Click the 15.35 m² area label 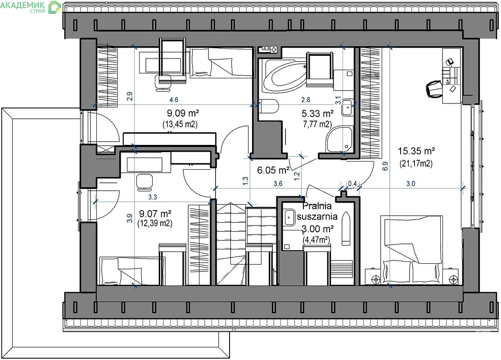(416, 151)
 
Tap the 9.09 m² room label (183, 113)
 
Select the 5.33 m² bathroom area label (318, 113)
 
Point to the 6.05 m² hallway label (274, 170)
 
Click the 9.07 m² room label (155, 213)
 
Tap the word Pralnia (317, 206)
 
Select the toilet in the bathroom (269, 106)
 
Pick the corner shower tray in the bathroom (339, 139)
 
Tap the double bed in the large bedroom (412, 249)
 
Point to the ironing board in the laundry (346, 228)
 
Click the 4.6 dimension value (174, 100)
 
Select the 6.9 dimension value (385, 166)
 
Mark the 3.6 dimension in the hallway (278, 183)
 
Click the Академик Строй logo (31, 7)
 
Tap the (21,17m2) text (416, 163)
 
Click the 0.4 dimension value (352, 183)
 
